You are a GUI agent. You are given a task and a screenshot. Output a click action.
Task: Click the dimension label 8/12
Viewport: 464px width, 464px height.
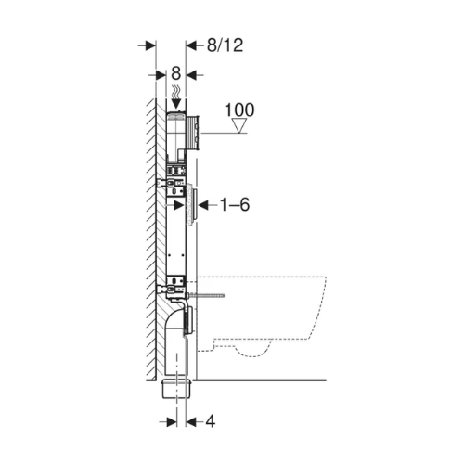coord(225,45)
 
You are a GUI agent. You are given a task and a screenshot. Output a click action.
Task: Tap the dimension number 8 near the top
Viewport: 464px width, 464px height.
coord(175,73)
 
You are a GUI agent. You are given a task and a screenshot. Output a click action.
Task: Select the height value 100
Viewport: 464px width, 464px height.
coord(239,110)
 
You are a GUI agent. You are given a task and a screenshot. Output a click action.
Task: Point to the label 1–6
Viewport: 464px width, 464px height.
coord(235,204)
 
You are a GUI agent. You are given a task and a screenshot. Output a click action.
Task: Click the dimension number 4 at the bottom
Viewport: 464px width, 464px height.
coord(211,421)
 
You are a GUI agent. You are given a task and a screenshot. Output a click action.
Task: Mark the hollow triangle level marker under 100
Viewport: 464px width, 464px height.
coord(239,125)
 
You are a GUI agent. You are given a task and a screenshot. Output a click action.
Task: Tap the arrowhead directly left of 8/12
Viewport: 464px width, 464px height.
coord(191,46)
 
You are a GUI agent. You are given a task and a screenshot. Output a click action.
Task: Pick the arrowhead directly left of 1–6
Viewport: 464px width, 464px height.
coord(203,205)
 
